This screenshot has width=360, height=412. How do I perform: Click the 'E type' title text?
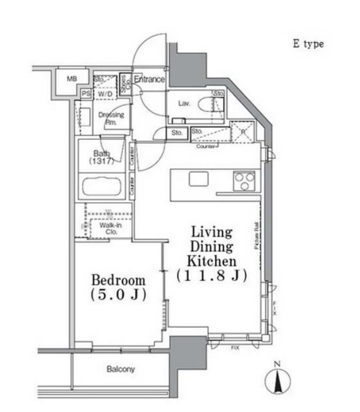pos(308,44)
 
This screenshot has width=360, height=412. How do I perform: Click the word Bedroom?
pos(118,280)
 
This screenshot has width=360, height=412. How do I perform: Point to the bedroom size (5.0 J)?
pos(118,295)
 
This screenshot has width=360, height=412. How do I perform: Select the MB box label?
pos(72,79)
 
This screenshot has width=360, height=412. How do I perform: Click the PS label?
pos(86,94)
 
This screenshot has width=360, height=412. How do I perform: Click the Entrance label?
pos(149,80)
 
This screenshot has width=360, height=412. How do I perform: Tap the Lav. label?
pos(184,103)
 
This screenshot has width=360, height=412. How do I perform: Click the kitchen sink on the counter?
pos(198,178)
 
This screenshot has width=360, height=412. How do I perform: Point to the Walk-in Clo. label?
pos(108,228)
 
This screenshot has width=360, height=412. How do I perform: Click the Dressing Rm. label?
pos(110,118)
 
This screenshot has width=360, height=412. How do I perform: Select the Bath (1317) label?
pos(103,157)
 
